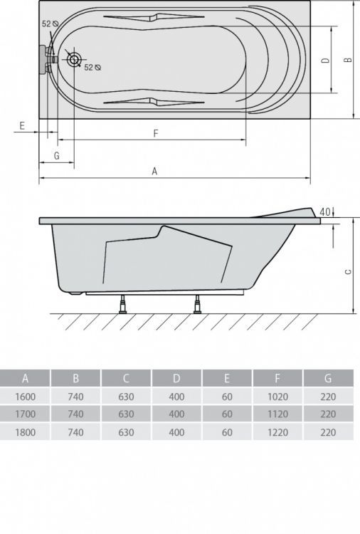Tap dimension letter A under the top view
154,171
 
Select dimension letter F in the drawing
155,132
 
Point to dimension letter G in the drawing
56,155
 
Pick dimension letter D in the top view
324,61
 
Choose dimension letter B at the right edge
347,61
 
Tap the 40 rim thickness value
325,211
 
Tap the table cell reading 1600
25,397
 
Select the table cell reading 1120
277,414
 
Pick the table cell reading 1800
25,432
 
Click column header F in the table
277,378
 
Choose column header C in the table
126,378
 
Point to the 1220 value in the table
277,432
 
